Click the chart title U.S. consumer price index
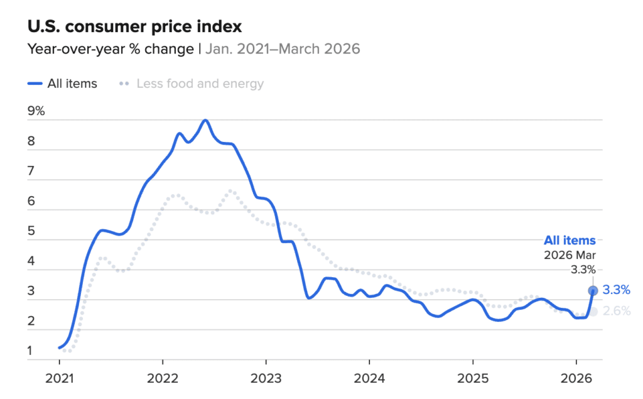tap(134, 27)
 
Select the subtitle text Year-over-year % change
tap(111, 49)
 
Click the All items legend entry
tap(63, 84)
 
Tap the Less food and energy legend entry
tap(192, 84)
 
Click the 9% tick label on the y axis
tap(36, 111)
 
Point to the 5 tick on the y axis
tap(31, 231)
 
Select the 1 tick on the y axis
tap(30, 351)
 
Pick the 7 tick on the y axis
tap(31, 171)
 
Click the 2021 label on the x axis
tap(59, 379)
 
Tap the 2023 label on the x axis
tap(266, 379)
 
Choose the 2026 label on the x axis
tap(576, 379)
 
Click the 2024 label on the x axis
tap(369, 379)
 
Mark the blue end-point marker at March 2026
tap(593, 290)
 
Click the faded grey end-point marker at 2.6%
tap(593, 312)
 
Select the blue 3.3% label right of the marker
tap(616, 290)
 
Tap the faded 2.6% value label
tap(616, 311)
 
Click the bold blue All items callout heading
tap(570, 240)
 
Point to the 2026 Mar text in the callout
tap(570, 255)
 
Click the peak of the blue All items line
tap(205, 120)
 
